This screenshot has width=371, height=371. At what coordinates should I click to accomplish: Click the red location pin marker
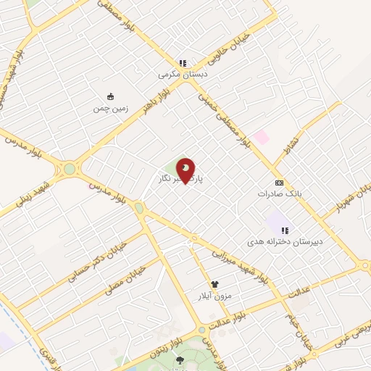[185, 170]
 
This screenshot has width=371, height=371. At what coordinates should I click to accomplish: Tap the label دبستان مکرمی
[183, 74]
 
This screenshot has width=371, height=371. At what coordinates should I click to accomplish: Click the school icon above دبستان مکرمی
[183, 63]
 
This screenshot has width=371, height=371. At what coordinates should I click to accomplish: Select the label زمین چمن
[109, 109]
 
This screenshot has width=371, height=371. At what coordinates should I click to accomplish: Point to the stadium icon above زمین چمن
[110, 97]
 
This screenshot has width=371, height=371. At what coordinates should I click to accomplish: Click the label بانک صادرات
[278, 193]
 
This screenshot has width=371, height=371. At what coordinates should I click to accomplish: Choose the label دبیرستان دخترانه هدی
[275, 241]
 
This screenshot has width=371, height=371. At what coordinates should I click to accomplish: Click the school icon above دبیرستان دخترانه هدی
[275, 230]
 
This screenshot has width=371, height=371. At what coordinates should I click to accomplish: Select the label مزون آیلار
[214, 296]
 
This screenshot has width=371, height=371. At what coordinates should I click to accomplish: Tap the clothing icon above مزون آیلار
[214, 285]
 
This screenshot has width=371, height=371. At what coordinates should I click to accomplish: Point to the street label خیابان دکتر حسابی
[95, 259]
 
